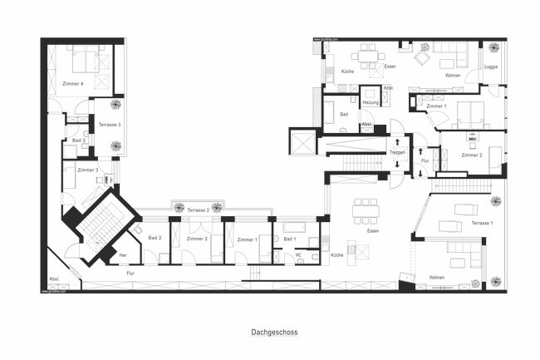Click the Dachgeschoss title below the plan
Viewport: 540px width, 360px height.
(274, 332)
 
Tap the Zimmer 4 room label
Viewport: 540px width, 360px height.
(72, 84)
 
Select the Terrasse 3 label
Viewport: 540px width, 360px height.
(110, 125)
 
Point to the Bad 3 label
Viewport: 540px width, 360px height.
(78, 141)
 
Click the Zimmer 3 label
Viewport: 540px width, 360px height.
(88, 170)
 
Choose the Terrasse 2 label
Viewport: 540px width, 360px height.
(199, 210)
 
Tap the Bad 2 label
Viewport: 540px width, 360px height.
(155, 239)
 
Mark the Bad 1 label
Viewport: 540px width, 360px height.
(289, 239)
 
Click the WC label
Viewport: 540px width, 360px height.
(298, 254)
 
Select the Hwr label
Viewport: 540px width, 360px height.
(123, 254)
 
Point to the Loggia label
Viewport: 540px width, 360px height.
(491, 67)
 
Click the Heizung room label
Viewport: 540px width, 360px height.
(371, 102)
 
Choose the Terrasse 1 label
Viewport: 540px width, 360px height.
(482, 224)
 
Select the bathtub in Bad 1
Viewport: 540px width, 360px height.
(295, 226)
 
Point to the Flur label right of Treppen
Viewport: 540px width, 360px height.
(425, 160)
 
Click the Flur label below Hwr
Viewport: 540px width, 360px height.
(130, 273)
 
